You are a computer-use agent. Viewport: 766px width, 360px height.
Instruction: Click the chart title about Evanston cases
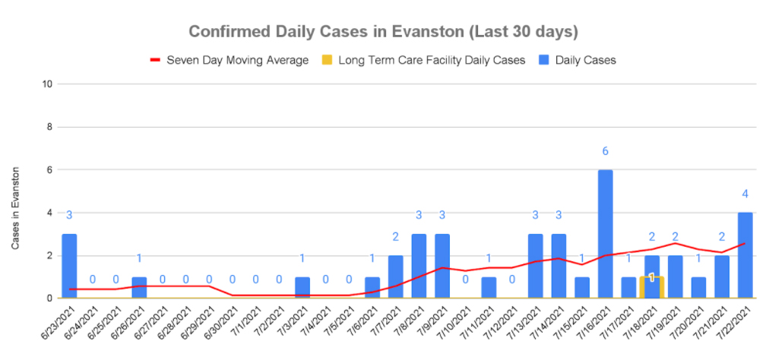point(383,32)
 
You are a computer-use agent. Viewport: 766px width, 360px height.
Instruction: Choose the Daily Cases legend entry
point(584,59)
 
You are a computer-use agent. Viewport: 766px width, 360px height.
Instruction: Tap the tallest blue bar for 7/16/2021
point(605,234)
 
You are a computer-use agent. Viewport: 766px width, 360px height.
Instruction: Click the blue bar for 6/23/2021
point(69,266)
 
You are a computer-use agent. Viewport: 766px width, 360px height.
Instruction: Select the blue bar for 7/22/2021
point(745,255)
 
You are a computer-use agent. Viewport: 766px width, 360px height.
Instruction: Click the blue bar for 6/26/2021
point(139,288)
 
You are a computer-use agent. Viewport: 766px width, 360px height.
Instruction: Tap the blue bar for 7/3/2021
point(302,288)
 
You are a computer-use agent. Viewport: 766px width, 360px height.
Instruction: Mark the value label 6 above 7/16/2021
point(605,152)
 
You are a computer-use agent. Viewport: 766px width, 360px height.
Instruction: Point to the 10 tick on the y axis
point(47,84)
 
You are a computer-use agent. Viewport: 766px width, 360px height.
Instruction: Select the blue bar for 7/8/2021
point(419,266)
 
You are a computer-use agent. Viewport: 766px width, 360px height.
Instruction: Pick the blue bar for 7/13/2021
point(535,266)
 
